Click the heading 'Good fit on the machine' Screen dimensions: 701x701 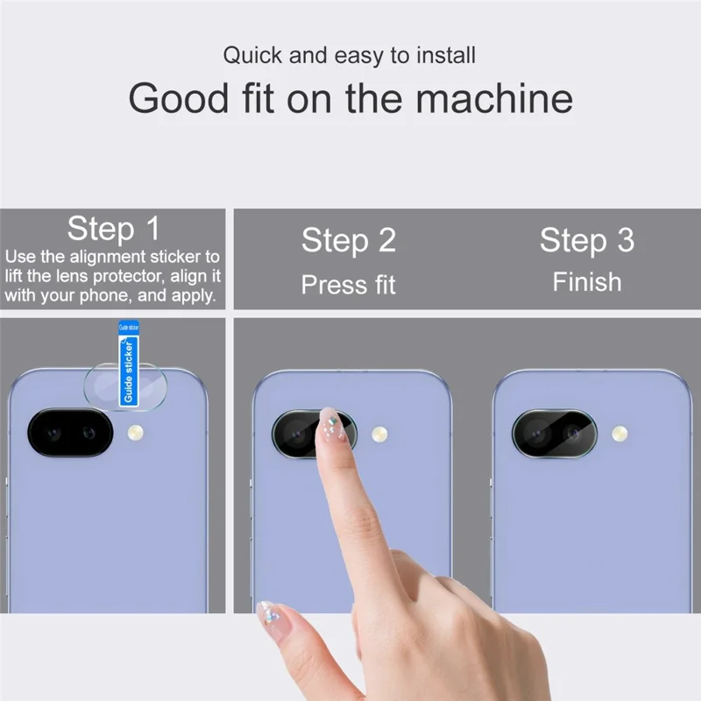(x=350, y=98)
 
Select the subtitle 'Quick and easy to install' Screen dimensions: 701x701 (x=349, y=55)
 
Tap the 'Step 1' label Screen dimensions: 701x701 (x=114, y=229)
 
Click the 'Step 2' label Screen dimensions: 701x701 (x=349, y=240)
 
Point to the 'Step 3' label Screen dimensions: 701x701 (x=586, y=240)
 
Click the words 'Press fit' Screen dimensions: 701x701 (x=349, y=285)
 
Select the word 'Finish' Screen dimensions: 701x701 (x=586, y=282)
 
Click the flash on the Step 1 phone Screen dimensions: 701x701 (x=136, y=433)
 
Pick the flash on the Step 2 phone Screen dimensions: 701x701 (x=379, y=434)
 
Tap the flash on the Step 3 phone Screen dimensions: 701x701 (x=620, y=433)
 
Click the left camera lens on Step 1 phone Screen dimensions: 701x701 (x=51, y=433)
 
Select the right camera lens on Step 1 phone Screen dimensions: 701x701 (x=89, y=433)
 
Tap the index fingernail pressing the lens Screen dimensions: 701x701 (x=329, y=424)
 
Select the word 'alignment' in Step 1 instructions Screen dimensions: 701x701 (x=112, y=258)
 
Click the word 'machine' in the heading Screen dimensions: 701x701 (x=493, y=98)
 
